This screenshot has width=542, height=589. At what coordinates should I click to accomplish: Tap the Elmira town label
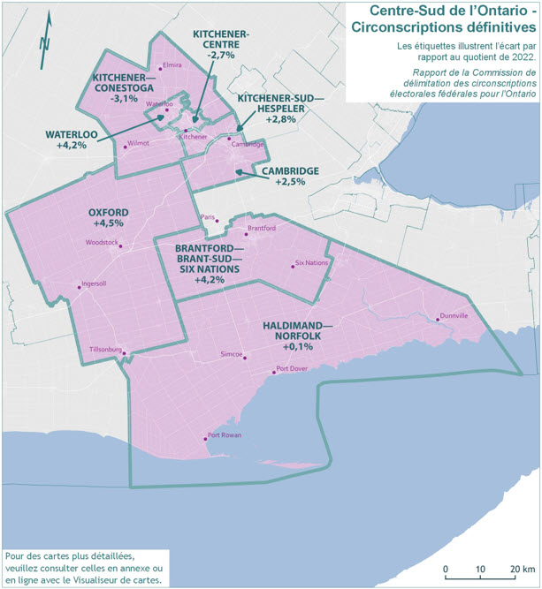pos(172,64)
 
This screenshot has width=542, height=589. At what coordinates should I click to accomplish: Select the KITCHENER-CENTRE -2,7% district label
pos(220,43)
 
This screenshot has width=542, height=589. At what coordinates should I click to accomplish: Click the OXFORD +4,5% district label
pos(109,218)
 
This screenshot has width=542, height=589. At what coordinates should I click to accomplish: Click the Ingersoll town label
pos(93,283)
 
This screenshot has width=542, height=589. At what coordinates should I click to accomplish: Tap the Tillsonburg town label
pos(105,350)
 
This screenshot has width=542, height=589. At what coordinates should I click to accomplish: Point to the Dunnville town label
pos(454,315)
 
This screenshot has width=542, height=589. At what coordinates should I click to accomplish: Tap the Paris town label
pos(208,216)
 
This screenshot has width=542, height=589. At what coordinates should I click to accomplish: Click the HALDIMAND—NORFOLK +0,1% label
pos(298,336)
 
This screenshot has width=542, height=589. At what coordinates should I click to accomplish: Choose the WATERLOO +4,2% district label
pos(66,140)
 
